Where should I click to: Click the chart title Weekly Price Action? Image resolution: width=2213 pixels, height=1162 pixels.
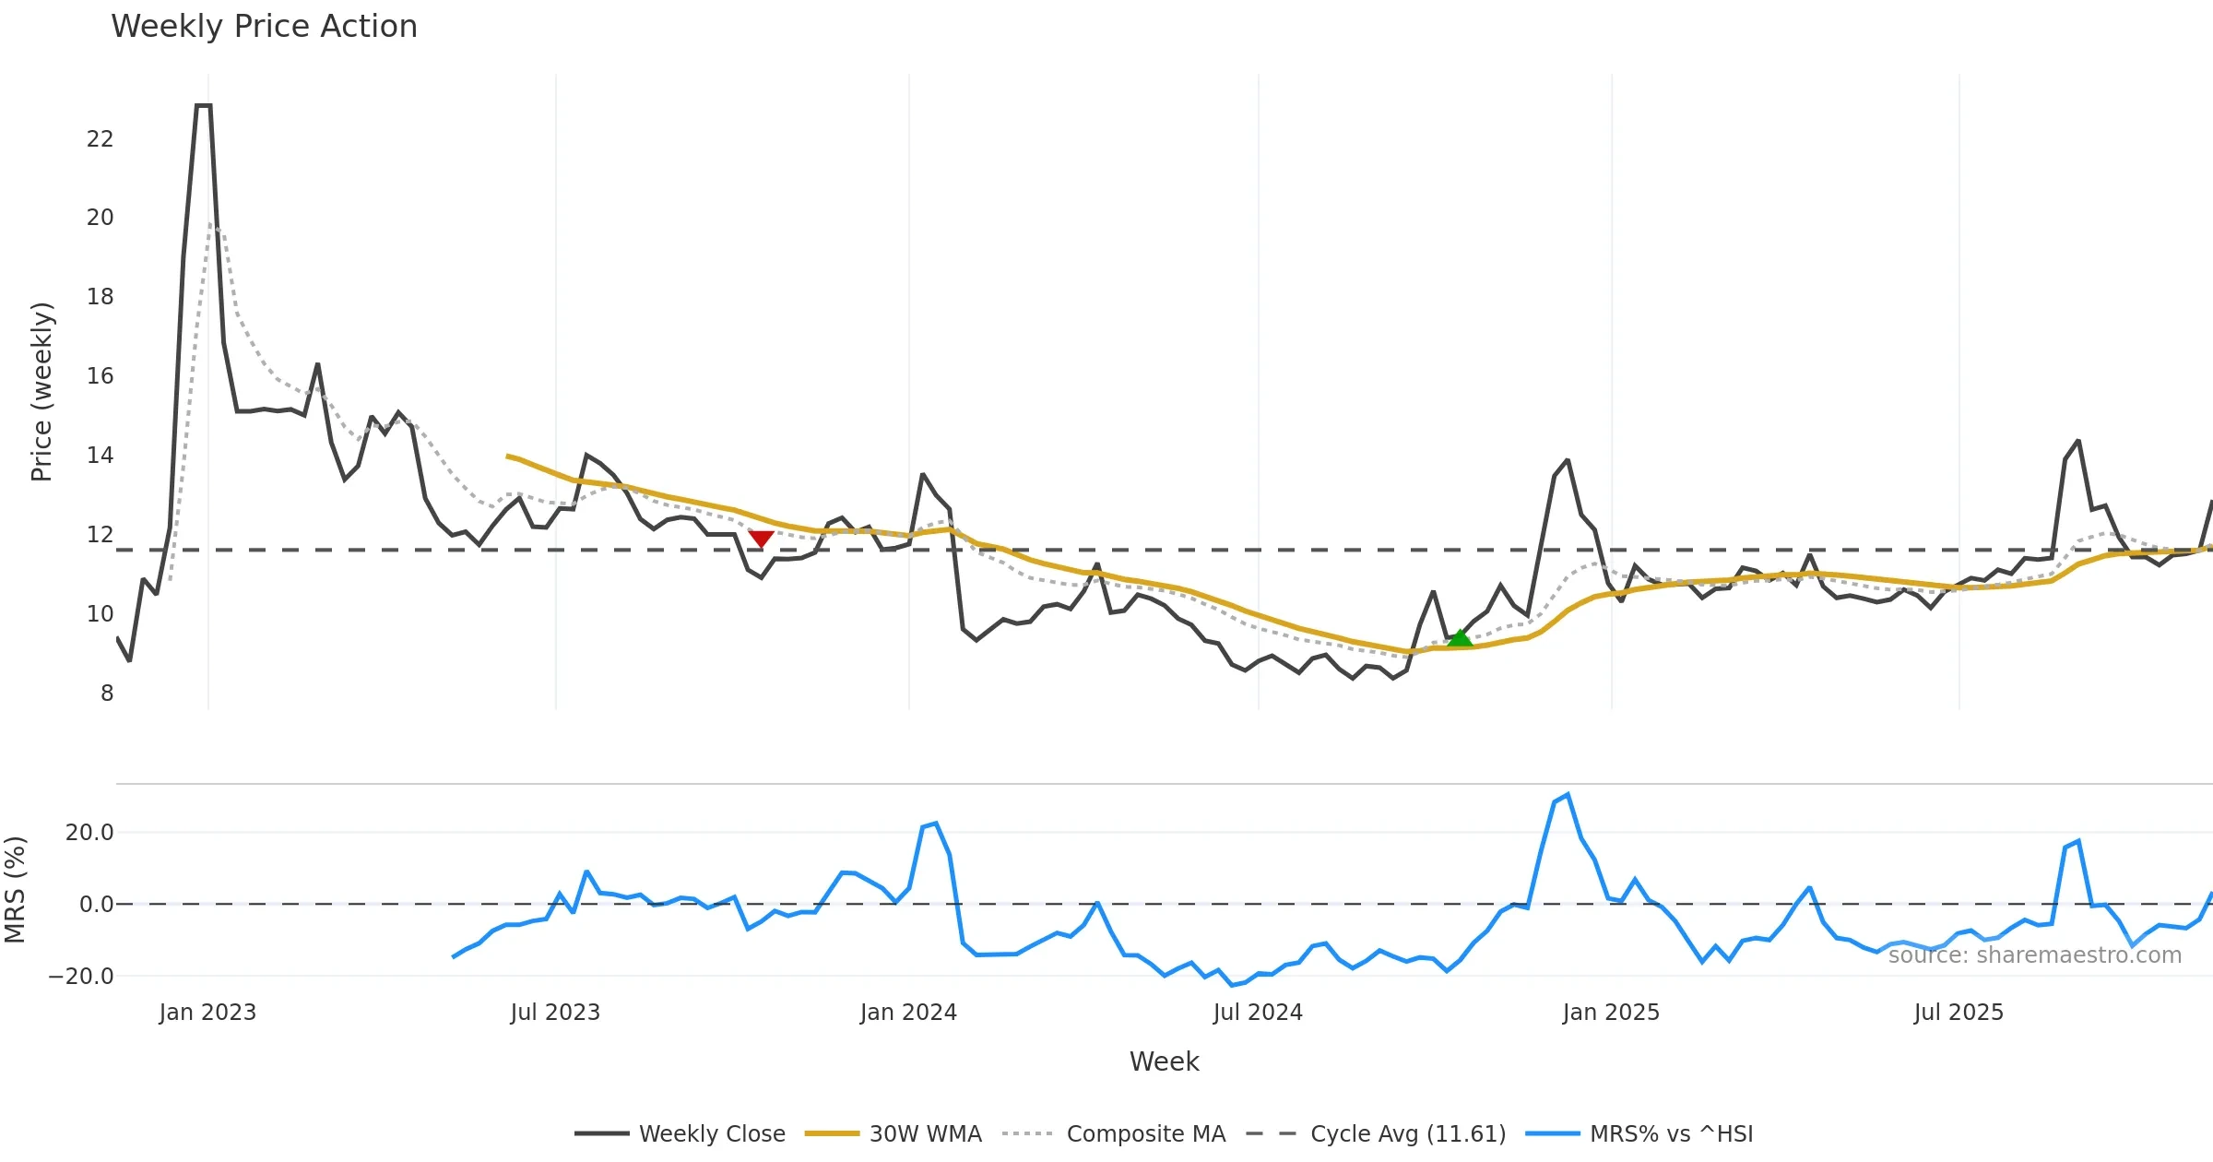tap(264, 27)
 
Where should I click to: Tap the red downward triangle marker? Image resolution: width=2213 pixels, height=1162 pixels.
tap(761, 539)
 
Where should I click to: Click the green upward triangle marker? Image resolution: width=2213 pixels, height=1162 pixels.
tap(1460, 637)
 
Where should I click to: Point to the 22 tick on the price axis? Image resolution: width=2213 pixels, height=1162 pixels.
tap(100, 139)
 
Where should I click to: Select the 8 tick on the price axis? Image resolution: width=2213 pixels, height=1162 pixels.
tap(107, 694)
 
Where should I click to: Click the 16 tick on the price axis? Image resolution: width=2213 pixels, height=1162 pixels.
tap(100, 376)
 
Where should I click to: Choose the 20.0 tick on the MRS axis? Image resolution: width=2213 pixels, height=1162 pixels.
tap(89, 833)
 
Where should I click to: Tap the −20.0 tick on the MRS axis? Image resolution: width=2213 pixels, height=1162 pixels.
tap(81, 976)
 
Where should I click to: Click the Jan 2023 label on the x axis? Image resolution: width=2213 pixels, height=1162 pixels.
tap(207, 1013)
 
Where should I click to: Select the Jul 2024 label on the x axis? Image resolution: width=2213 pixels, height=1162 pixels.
tap(1258, 1013)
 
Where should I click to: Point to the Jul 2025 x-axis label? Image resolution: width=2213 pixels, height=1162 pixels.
tap(1959, 1013)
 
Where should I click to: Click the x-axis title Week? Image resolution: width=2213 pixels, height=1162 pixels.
tap(1164, 1061)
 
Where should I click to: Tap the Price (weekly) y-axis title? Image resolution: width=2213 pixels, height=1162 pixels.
tap(41, 392)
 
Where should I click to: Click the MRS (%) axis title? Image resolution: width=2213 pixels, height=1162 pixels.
tap(15, 890)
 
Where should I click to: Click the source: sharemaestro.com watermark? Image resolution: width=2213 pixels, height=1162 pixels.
tap(2035, 954)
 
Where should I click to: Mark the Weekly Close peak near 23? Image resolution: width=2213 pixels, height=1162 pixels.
tap(203, 106)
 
